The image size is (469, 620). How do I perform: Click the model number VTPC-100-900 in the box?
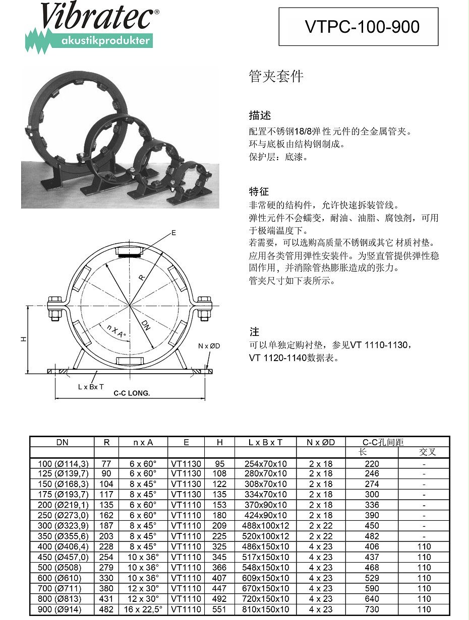[362, 27]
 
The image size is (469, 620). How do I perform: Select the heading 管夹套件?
[276, 77]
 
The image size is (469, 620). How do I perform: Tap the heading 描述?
[260, 115]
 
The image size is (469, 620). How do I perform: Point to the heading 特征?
[259, 191]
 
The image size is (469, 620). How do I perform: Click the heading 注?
[254, 332]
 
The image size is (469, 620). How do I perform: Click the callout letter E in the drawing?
[173, 233]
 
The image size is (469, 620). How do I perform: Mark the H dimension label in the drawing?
[23, 340]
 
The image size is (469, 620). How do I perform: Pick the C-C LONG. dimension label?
[132, 393]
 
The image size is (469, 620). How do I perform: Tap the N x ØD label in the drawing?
[209, 346]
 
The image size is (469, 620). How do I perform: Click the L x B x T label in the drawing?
[91, 387]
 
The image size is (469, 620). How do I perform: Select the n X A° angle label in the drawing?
[116, 331]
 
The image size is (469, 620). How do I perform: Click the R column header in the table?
[106, 442]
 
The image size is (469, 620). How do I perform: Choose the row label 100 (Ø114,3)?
[63, 463]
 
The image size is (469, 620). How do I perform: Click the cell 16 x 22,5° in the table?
[143, 609]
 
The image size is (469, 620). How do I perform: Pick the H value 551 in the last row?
[219, 609]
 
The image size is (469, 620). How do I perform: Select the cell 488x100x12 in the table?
[265, 526]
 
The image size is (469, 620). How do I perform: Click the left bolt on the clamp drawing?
[54, 308]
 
